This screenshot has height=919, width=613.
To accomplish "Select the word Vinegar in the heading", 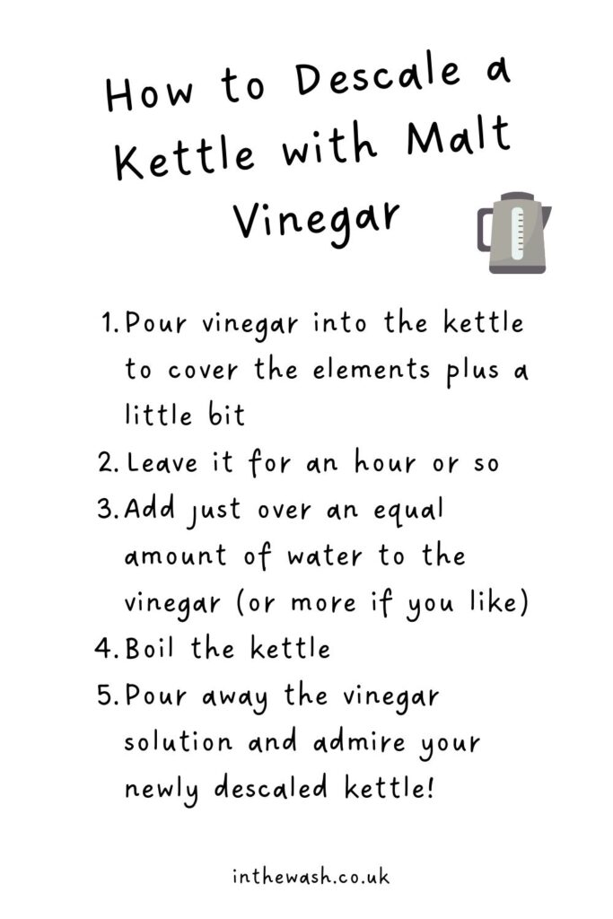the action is click(x=317, y=219).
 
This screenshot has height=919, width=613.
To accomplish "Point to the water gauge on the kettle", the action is click(x=517, y=232).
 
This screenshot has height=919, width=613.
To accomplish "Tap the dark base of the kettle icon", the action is click(x=518, y=269).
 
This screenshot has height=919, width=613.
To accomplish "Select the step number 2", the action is click(x=109, y=463).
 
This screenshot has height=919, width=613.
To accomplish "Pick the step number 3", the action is click(x=109, y=509).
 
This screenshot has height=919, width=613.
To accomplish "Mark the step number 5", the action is click(x=109, y=696).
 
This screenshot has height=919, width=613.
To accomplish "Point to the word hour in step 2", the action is click(x=385, y=462).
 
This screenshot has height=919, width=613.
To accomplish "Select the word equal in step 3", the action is click(x=408, y=511).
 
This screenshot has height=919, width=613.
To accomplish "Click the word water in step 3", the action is click(x=325, y=556).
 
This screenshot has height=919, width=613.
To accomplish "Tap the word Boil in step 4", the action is click(x=150, y=648).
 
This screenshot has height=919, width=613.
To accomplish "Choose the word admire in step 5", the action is click(x=359, y=742).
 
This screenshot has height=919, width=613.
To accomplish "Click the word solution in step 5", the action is click(x=179, y=742).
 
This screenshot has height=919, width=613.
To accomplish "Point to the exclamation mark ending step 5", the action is click(x=432, y=787).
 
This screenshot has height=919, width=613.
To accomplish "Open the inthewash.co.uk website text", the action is click(x=311, y=877).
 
